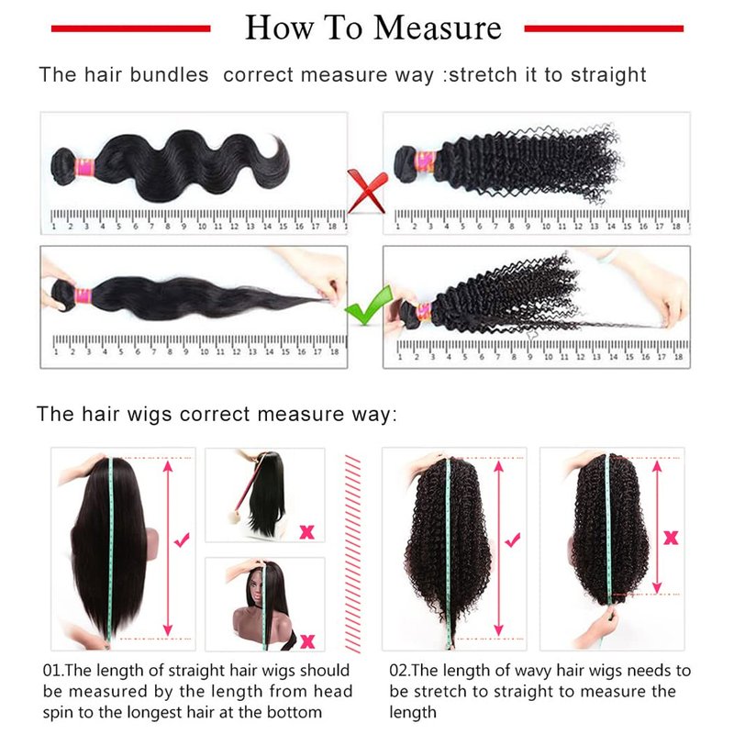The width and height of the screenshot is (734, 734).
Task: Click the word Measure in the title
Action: pyautogui.click(x=438, y=28)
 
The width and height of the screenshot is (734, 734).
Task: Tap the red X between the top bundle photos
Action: pyautogui.click(x=368, y=191)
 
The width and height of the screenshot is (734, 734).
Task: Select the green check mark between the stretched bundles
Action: pyautogui.click(x=369, y=306)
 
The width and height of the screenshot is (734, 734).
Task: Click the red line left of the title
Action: pyautogui.click(x=130, y=28)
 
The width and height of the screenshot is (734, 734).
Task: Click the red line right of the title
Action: pyautogui.click(x=604, y=28)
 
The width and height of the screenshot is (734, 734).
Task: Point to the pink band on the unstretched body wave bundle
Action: pyautogui.click(x=84, y=167)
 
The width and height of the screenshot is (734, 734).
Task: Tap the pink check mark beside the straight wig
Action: pyautogui.click(x=182, y=539)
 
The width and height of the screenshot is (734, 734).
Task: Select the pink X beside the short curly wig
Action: pyautogui.click(x=671, y=538)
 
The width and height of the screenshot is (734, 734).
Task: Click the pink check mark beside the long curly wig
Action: pyautogui.click(x=513, y=539)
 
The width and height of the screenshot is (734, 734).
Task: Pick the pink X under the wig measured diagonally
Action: pyautogui.click(x=306, y=532)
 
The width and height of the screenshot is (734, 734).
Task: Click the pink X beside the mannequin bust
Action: pyautogui.click(x=307, y=640)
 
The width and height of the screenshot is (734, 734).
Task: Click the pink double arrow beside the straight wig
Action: pyautogui.click(x=168, y=548)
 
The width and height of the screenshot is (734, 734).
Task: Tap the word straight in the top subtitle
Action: pyautogui.click(x=608, y=74)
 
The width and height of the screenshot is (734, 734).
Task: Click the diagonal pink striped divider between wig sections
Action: pyautogui.click(x=352, y=553)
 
